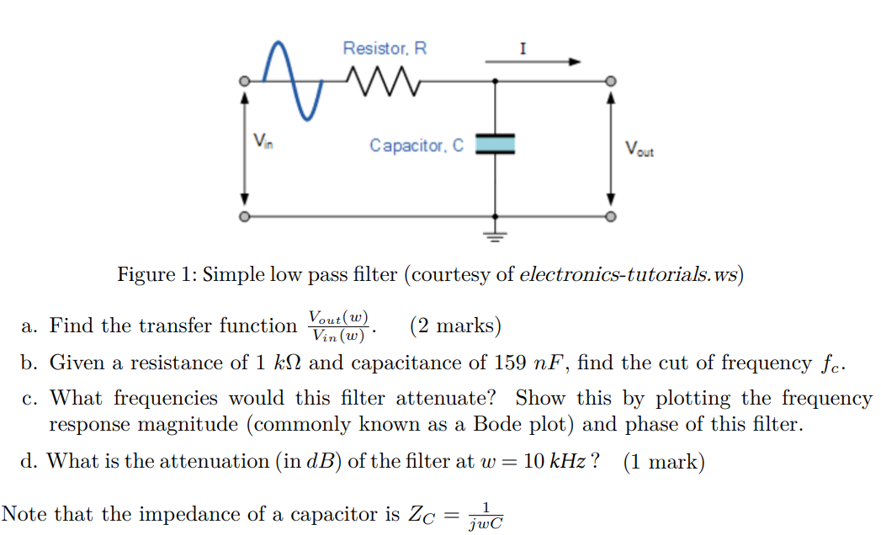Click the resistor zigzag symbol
click(x=383, y=82)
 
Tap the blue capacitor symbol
click(x=495, y=143)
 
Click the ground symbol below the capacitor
click(x=495, y=236)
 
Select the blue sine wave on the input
click(x=293, y=81)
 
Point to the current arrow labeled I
click(x=533, y=61)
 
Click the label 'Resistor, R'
click(x=385, y=48)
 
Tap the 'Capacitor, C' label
click(x=417, y=146)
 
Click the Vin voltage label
click(x=263, y=140)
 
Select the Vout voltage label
click(x=640, y=149)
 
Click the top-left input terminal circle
click(x=244, y=82)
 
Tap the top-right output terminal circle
click(x=611, y=82)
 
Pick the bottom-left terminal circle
click(x=244, y=216)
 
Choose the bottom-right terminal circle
click(x=611, y=216)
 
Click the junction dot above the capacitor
click(x=495, y=82)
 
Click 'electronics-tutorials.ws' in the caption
click(x=629, y=274)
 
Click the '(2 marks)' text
click(x=456, y=326)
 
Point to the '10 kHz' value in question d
click(x=555, y=461)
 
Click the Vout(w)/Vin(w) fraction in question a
click(x=338, y=326)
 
